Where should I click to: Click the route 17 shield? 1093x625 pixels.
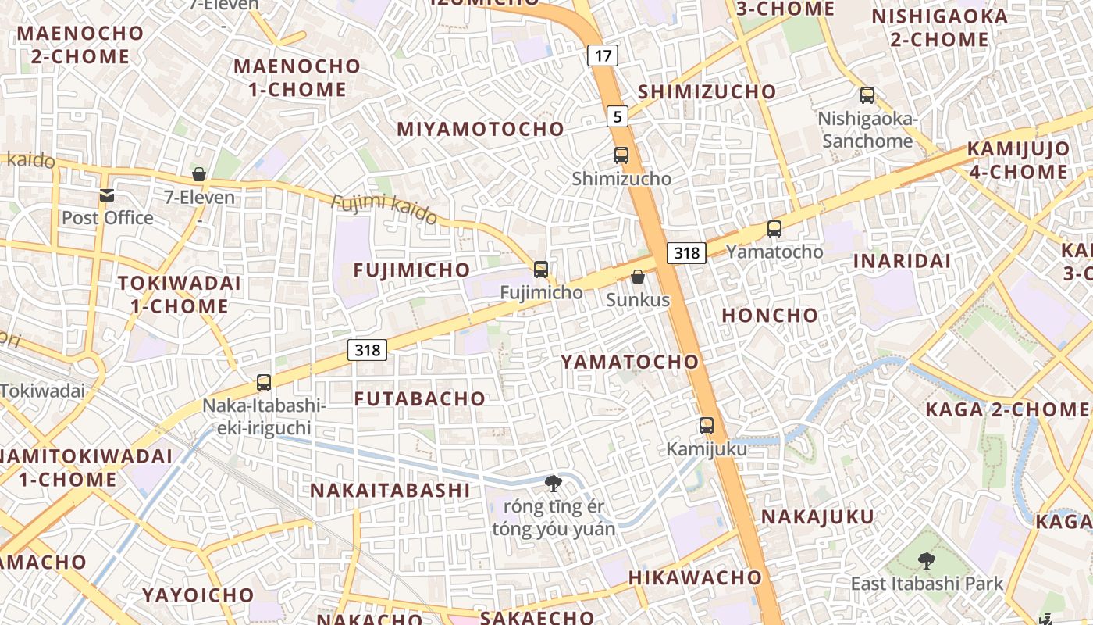(x=602, y=55)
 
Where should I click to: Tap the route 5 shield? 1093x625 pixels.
(x=618, y=117)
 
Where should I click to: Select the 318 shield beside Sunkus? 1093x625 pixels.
(x=686, y=253)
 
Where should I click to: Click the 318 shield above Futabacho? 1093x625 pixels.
(x=367, y=350)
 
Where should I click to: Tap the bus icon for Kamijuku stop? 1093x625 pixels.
(x=707, y=426)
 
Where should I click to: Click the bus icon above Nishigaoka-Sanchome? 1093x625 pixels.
(x=867, y=95)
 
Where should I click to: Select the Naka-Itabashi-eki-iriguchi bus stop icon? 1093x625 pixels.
(x=264, y=383)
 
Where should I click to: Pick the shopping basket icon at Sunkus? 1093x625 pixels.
(x=638, y=277)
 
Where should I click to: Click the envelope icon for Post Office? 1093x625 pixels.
(x=107, y=195)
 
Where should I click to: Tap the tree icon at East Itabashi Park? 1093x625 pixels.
(x=926, y=560)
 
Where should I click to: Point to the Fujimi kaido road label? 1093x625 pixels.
(x=383, y=210)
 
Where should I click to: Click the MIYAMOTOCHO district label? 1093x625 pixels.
(x=480, y=130)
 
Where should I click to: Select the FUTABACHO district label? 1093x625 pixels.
(x=420, y=398)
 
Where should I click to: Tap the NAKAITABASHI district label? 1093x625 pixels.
(x=390, y=491)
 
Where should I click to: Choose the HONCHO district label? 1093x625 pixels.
(x=770, y=316)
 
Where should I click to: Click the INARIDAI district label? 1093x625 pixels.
(x=902, y=261)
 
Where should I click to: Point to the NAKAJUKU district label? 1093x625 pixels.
(x=817, y=517)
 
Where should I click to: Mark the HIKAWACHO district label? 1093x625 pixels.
(x=695, y=578)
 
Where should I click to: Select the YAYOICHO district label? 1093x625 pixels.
(x=198, y=595)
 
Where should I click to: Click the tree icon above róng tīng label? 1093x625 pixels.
(x=554, y=483)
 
